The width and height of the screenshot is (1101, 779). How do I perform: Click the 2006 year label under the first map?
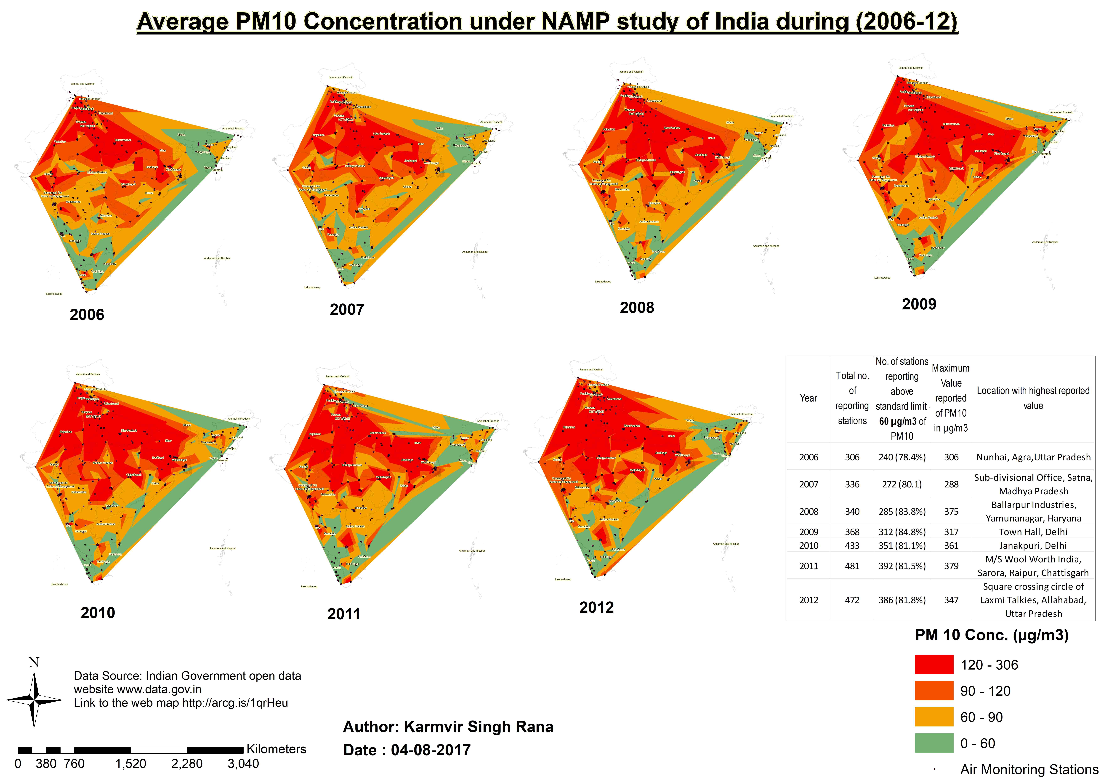[87, 315]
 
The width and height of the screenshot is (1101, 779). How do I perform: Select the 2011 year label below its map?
[343, 614]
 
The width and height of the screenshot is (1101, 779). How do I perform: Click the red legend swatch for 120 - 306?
[933, 664]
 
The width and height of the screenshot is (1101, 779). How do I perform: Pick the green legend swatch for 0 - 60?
[933, 743]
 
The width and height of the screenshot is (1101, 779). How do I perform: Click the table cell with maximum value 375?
[951, 511]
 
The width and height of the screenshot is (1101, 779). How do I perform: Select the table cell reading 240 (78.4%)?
[902, 457]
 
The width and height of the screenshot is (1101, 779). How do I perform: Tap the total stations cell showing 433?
[852, 545]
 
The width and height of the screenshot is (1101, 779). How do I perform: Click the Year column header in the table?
[808, 398]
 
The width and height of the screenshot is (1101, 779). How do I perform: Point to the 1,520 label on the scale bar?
[130, 764]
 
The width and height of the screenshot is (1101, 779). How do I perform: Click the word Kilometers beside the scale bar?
[276, 749]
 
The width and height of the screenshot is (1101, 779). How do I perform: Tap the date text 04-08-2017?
[431, 750]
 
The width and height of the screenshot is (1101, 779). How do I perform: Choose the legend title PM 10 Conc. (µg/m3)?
[992, 635]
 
